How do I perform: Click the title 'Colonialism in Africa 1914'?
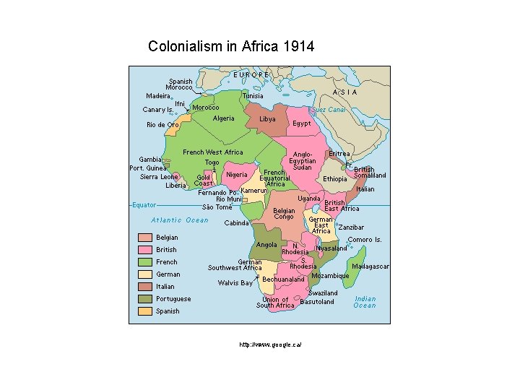(x=231, y=47)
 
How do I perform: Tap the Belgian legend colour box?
(x=144, y=238)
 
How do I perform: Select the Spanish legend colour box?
(x=144, y=311)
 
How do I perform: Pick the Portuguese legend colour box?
(x=144, y=299)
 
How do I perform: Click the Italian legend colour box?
(x=144, y=287)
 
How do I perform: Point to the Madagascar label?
(x=370, y=266)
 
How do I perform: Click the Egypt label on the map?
(x=302, y=123)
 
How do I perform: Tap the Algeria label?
(x=224, y=118)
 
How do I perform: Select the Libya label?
(x=267, y=119)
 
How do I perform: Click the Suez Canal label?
(x=328, y=110)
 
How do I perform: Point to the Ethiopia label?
(x=334, y=179)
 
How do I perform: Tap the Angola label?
(x=266, y=245)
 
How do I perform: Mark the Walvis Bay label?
(x=235, y=283)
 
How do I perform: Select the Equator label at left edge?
(x=144, y=205)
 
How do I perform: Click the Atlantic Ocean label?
(x=179, y=220)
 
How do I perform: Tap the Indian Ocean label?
(x=365, y=302)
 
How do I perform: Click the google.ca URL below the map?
(x=270, y=344)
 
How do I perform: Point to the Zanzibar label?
(x=350, y=227)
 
